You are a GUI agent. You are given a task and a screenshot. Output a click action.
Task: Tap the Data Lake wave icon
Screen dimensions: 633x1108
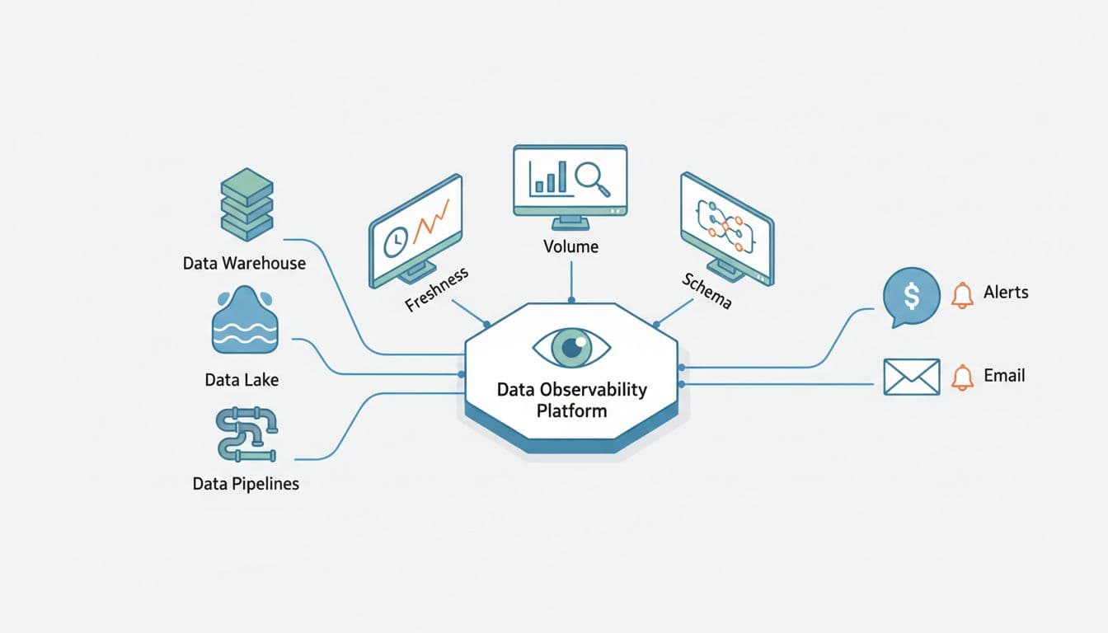[245, 322]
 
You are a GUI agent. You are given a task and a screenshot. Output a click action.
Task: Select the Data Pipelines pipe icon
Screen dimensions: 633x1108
[246, 434]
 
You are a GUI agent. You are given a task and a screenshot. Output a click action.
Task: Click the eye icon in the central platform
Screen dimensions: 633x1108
[571, 347]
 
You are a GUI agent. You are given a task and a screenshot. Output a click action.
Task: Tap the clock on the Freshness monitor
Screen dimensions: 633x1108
[397, 240]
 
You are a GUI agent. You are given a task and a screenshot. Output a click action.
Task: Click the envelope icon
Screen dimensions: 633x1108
[911, 377]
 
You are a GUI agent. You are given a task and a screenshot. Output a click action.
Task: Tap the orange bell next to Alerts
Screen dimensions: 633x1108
[961, 294]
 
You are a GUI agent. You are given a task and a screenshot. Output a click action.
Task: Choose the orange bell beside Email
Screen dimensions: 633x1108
[961, 377]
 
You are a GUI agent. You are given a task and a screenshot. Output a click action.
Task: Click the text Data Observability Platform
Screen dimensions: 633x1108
[571, 399]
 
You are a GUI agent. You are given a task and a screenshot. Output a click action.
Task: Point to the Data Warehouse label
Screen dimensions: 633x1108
[244, 264]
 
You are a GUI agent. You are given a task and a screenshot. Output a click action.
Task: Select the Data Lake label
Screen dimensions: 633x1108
[242, 380]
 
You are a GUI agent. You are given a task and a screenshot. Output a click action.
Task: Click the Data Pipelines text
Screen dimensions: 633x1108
[246, 484]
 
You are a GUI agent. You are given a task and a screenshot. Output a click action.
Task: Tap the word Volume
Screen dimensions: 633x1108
[570, 246]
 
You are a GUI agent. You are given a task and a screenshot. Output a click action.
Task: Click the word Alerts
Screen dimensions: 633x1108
[1006, 293]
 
